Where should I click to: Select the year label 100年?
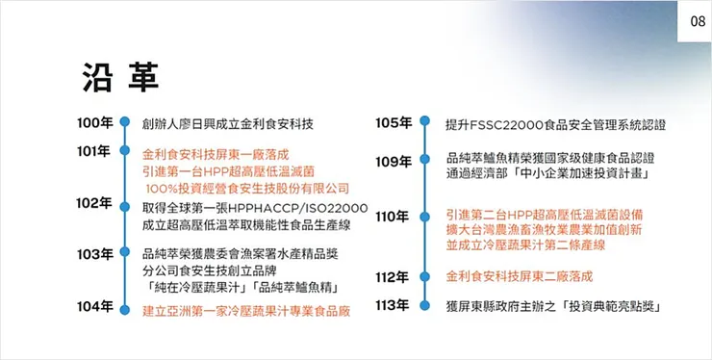(x=96, y=123)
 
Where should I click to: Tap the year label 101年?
(x=96, y=151)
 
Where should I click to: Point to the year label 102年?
(x=96, y=203)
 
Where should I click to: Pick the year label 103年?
(x=96, y=254)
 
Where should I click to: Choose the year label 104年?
(x=96, y=306)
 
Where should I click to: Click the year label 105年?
(x=394, y=123)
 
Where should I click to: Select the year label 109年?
(x=394, y=162)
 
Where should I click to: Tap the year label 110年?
(x=394, y=217)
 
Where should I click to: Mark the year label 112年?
(x=394, y=277)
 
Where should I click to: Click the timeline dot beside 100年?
(x=124, y=124)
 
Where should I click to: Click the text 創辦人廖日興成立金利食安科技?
(x=228, y=124)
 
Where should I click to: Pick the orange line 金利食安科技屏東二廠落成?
(x=520, y=277)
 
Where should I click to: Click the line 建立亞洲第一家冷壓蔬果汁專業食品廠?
(x=245, y=310)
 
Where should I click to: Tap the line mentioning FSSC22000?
(x=555, y=125)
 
